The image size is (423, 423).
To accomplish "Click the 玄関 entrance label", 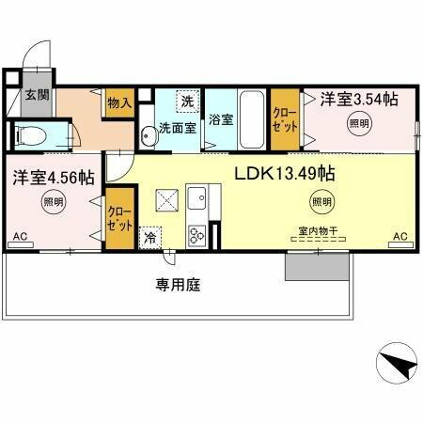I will pyautogui.click(x=35, y=95).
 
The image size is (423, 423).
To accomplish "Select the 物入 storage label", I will pyautogui.click(x=119, y=102).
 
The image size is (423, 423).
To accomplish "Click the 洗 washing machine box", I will pyautogui.click(x=187, y=101).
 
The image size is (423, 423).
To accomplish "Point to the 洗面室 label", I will pyautogui.click(x=177, y=128).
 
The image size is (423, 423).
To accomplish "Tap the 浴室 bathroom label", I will pyautogui.click(x=221, y=120).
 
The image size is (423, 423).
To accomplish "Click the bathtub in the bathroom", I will pyautogui.click(x=253, y=117).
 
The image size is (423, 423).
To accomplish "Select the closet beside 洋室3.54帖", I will pyautogui.click(x=284, y=118).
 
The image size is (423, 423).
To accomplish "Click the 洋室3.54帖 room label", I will pyautogui.click(x=358, y=98).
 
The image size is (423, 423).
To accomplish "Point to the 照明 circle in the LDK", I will pyautogui.click(x=321, y=201).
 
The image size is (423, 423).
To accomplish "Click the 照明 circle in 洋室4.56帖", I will pyautogui.click(x=53, y=200).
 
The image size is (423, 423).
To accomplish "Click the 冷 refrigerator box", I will pyautogui.click(x=149, y=240).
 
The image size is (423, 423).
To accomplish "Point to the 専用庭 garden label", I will pyautogui.click(x=178, y=284).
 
